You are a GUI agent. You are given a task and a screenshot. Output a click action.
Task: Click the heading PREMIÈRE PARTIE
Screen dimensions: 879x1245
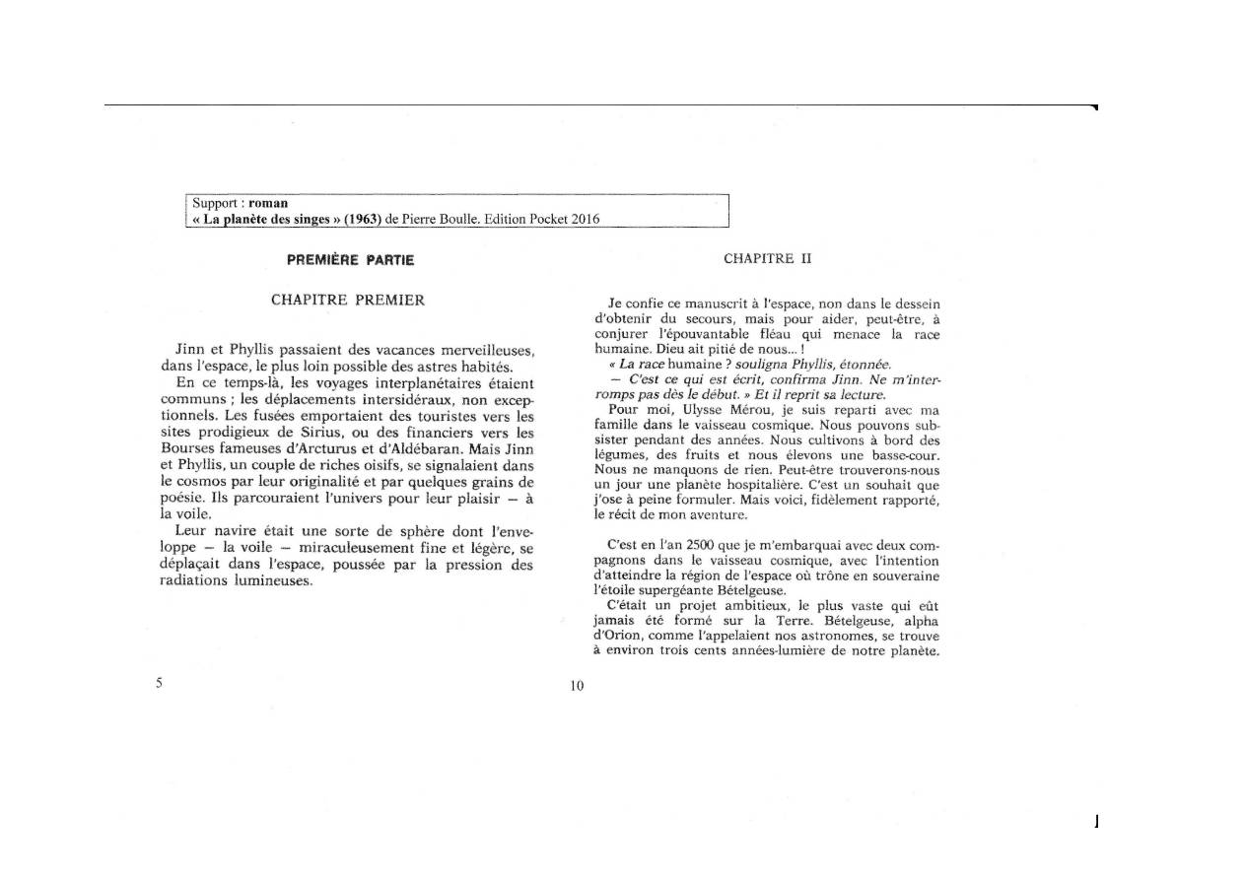tap(350, 260)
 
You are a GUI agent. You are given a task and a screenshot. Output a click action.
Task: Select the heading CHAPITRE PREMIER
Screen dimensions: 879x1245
tap(348, 300)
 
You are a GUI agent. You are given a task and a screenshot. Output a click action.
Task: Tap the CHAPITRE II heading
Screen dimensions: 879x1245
tap(766, 258)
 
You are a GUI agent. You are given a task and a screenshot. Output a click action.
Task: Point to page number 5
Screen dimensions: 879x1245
tap(159, 683)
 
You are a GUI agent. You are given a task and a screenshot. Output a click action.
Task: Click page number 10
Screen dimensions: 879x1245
tap(577, 686)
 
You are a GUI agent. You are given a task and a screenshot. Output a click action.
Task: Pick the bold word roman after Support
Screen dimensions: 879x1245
tap(268, 203)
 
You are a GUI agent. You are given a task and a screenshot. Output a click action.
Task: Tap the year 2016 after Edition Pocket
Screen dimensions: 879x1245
tap(584, 219)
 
